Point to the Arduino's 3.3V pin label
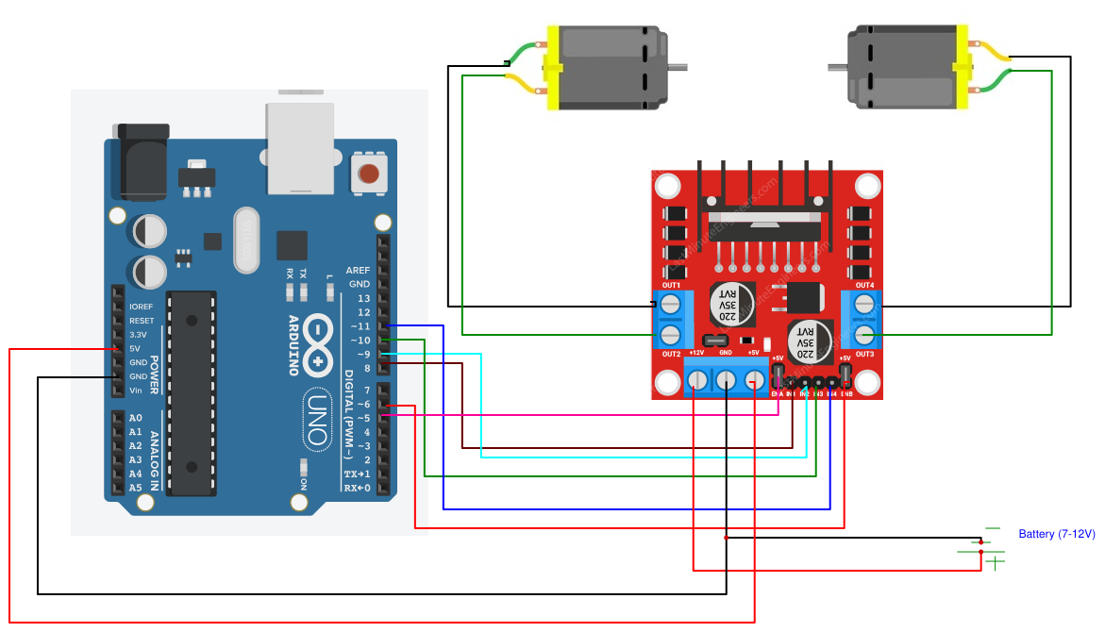(138, 335)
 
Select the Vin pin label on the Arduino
(135, 391)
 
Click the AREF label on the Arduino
(359, 270)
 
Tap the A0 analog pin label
(135, 418)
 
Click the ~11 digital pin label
(360, 326)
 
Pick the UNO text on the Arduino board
(318, 420)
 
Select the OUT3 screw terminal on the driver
(864, 335)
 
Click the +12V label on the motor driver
(696, 353)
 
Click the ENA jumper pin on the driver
(779, 381)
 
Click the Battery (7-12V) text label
(1057, 534)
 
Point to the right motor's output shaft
(838, 67)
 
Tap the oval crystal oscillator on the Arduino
(246, 241)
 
